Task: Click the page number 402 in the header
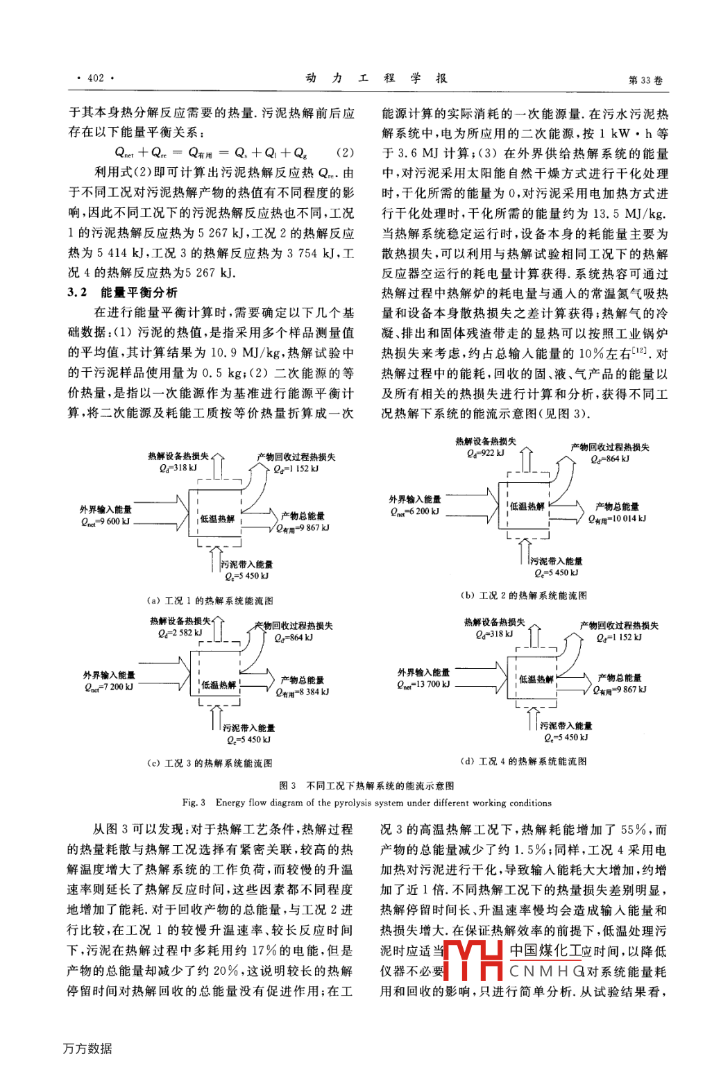click(x=95, y=78)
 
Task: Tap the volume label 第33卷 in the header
click(x=645, y=80)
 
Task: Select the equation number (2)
click(x=345, y=153)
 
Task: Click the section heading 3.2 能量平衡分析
click(x=123, y=292)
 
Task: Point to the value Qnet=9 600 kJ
click(x=105, y=522)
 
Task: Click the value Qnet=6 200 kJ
click(x=414, y=511)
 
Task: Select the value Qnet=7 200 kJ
click(x=108, y=687)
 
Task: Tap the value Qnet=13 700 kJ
click(x=423, y=684)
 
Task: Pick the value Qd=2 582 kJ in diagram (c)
click(x=180, y=633)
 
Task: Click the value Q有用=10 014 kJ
click(x=617, y=518)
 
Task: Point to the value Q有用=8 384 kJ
click(x=303, y=692)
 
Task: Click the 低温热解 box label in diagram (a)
click(x=217, y=519)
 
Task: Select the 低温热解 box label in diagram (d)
click(x=536, y=679)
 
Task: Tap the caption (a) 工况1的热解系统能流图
click(x=210, y=601)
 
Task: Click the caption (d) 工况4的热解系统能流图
click(x=523, y=761)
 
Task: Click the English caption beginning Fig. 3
click(x=366, y=803)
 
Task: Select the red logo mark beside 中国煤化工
click(x=473, y=960)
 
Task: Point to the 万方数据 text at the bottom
click(x=87, y=1048)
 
